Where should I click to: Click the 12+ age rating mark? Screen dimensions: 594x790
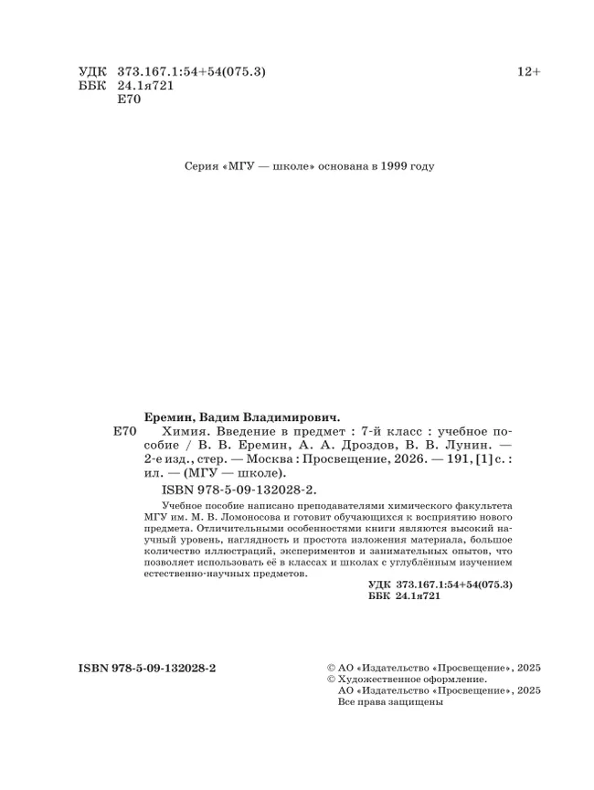pyautogui.click(x=529, y=72)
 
